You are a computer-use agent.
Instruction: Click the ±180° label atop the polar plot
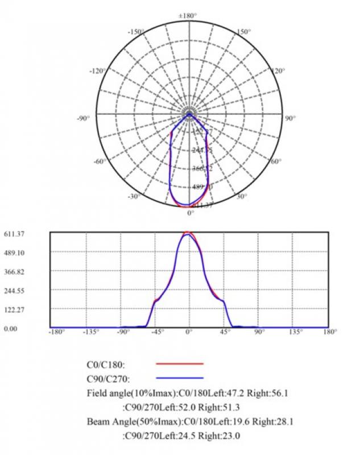tap(189, 15)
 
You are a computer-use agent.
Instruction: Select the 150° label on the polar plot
tap(243, 32)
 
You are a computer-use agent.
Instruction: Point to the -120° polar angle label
tap(98, 71)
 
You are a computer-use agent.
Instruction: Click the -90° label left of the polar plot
tap(84, 118)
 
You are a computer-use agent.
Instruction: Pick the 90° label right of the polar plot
tap(290, 118)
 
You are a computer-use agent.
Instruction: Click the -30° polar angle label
tap(134, 196)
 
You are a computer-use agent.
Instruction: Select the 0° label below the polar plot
tap(191, 213)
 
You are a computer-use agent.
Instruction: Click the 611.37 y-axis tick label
tap(14, 234)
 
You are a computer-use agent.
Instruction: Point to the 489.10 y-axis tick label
tap(14, 253)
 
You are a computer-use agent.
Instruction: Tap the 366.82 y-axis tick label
tap(14, 272)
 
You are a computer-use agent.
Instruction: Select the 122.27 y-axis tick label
tap(14, 310)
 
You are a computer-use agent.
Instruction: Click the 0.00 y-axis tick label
tap(10, 329)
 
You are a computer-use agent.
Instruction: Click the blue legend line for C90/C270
tap(179, 378)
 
